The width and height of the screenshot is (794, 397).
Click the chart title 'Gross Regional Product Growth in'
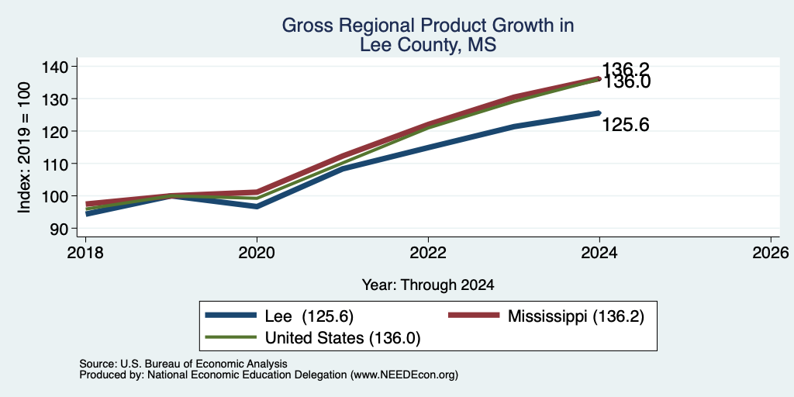(428, 26)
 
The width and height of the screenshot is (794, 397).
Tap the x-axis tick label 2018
(85, 252)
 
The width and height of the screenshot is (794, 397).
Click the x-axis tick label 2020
(257, 252)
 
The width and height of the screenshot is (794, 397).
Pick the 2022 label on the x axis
(428, 252)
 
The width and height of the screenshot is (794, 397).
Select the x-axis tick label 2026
(771, 252)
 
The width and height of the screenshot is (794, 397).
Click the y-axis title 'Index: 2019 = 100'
(24, 147)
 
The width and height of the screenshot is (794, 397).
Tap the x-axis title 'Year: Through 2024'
(428, 285)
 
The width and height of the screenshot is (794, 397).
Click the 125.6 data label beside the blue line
(626, 125)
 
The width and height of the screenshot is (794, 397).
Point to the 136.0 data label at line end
(626, 82)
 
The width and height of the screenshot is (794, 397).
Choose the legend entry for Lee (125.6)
(279, 316)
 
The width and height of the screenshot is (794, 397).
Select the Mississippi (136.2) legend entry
(547, 316)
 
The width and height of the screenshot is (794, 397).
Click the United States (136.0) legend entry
(312, 338)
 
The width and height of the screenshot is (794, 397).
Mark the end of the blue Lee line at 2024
(599, 113)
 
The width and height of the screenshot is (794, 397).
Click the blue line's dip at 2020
(257, 206)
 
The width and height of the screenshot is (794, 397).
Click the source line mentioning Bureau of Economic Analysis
(183, 364)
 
